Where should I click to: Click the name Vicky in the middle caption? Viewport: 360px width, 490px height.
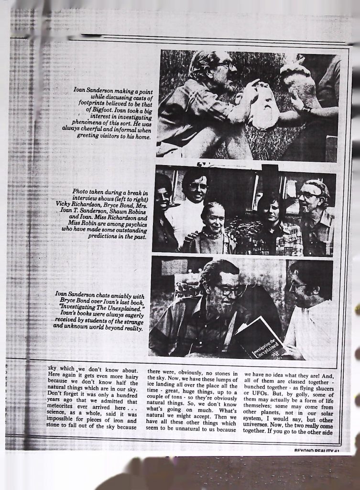click(65, 204)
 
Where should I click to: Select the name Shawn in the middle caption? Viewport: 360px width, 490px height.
click(110, 211)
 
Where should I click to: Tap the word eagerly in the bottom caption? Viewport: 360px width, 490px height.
click(129, 314)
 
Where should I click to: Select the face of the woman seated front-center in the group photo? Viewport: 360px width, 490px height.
click(215, 219)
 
